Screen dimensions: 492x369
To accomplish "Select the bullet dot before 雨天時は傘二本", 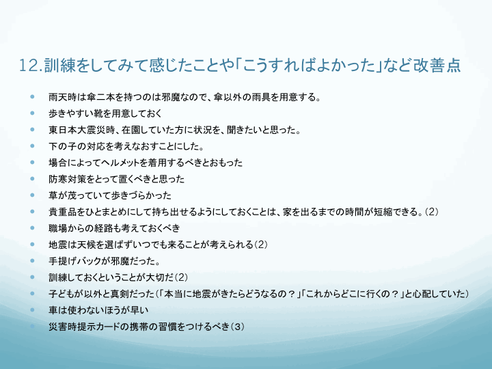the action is pos(32,96).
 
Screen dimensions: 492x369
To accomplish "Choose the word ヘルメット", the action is pos(121,163).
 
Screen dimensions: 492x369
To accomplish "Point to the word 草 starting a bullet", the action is pos(53,195).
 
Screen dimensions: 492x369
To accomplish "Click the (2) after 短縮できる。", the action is pos(431,212).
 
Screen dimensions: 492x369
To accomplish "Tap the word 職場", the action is pos(57,228).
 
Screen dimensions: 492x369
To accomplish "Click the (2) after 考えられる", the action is pos(260,245).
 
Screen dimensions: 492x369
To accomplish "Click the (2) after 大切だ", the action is pos(181,277).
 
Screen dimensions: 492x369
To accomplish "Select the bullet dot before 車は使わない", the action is pos(32,310).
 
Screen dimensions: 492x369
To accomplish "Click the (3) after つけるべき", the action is pos(238,327).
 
